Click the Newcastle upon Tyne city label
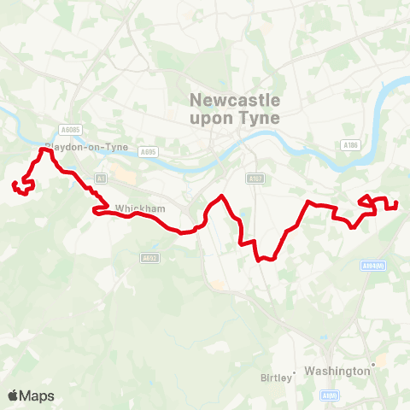tap(233, 109)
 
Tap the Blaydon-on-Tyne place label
tap(88, 147)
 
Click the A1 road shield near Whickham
tap(101, 178)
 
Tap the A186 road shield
tap(349, 145)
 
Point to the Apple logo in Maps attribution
tap(13, 395)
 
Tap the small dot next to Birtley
tap(294, 372)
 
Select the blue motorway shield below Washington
tap(330, 395)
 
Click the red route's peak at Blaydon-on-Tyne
tap(44, 150)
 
